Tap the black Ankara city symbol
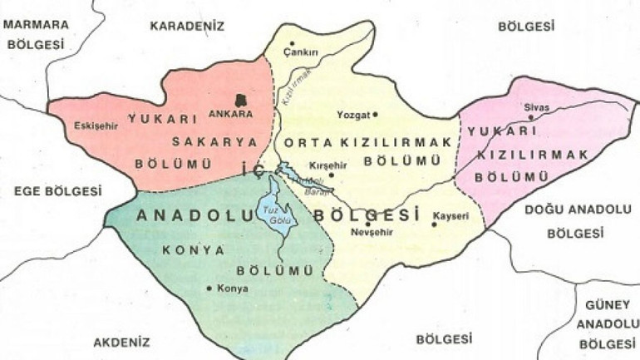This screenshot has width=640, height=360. (x=242, y=99)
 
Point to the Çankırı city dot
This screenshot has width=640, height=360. (x=293, y=43)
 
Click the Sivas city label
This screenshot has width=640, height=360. (x=531, y=108)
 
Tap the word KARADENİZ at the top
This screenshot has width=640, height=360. (x=187, y=26)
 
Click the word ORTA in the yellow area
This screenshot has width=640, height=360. (x=305, y=142)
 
